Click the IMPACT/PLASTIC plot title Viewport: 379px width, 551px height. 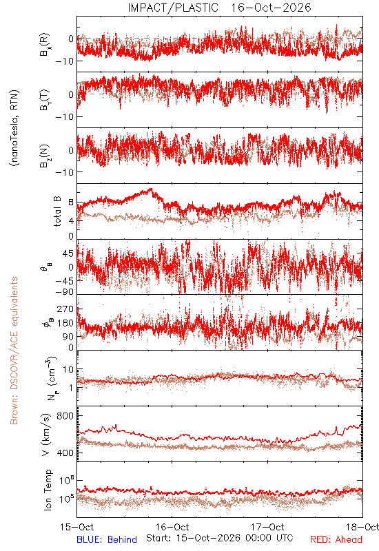tap(173, 8)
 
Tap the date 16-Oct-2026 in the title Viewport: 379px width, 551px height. tap(271, 8)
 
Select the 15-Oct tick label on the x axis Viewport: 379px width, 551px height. tap(77, 527)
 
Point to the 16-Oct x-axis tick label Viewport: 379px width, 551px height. tap(172, 527)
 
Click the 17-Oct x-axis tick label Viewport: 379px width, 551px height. tap(267, 527)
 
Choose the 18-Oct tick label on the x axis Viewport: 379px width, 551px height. tap(362, 527)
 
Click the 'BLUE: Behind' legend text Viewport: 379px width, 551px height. tap(107, 539)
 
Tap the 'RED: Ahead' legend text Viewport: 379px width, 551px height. tap(336, 539)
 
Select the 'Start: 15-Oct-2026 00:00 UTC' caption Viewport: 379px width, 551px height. tap(220, 538)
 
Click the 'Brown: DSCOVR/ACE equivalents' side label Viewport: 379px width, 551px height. tap(14, 351)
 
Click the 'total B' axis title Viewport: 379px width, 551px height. tap(57, 211)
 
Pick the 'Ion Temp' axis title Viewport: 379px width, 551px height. tap(48, 490)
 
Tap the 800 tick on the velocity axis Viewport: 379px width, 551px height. tap(65, 416)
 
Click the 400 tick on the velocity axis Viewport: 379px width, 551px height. tap(65, 453)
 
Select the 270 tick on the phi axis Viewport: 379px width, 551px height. tap(65, 309)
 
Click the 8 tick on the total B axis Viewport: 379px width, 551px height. tap(71, 202)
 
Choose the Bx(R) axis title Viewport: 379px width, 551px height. tap(45, 45)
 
